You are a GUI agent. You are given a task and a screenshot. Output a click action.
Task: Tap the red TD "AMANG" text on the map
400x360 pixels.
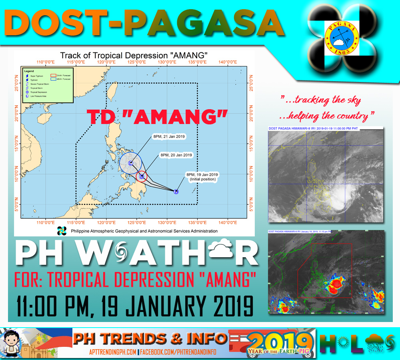click(158, 116)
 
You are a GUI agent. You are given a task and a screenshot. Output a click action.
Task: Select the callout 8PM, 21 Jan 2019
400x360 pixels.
click(169, 137)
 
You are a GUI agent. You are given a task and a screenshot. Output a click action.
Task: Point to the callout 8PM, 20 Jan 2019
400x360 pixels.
click(176, 155)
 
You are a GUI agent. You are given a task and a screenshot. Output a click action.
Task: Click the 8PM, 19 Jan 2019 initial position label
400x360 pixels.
click(202, 177)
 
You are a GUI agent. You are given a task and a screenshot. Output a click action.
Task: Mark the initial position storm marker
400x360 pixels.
click(176, 192)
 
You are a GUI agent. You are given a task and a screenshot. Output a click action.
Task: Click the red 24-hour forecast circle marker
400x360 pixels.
click(142, 176)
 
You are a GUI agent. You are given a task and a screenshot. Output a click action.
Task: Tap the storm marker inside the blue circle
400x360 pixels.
click(130, 163)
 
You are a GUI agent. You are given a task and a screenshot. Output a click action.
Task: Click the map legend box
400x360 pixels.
click(47, 85)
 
